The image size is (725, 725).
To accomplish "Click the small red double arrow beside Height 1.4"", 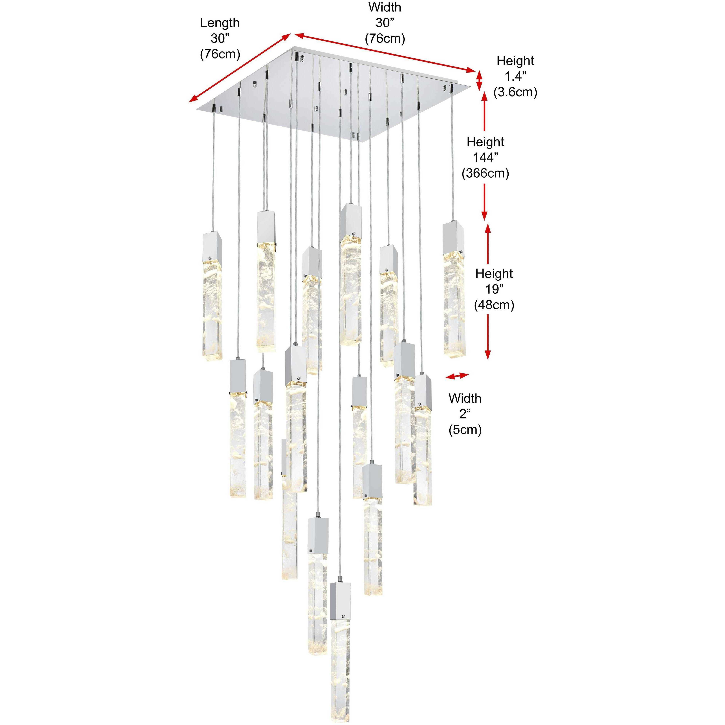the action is pyautogui.click(x=480, y=82).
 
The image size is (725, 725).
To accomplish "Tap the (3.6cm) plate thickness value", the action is pyautogui.click(x=515, y=92).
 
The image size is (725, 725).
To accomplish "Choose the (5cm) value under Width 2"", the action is pyautogui.click(x=465, y=430).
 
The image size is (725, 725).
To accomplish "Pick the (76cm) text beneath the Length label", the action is pyautogui.click(x=220, y=54).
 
